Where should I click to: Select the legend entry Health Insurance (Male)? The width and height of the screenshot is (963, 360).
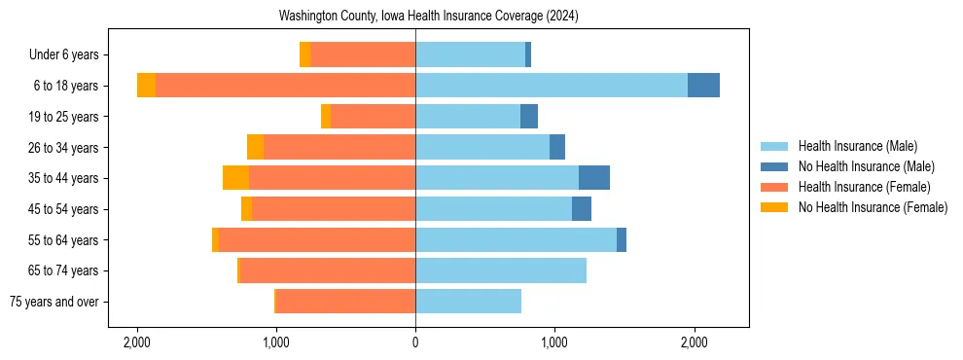(x=857, y=146)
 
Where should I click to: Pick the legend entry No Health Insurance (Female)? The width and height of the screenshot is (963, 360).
(x=872, y=207)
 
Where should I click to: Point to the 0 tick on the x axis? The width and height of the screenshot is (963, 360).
(x=415, y=343)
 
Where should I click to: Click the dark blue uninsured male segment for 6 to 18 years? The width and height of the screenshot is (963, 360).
(x=703, y=86)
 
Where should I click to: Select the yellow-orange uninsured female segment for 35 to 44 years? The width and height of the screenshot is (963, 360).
(x=235, y=178)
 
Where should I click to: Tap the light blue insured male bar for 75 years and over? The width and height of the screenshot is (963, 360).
(x=468, y=302)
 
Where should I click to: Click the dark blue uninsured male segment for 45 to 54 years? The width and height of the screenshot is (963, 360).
(x=582, y=209)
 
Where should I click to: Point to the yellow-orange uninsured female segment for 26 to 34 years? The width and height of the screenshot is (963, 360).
(x=255, y=147)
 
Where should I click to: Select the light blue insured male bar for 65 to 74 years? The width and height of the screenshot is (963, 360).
(x=501, y=270)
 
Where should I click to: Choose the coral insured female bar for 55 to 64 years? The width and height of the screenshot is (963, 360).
(x=317, y=240)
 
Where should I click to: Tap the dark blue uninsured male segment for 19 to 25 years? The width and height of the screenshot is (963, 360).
(x=529, y=117)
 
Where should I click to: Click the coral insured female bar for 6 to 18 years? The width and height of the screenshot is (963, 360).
(x=285, y=86)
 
